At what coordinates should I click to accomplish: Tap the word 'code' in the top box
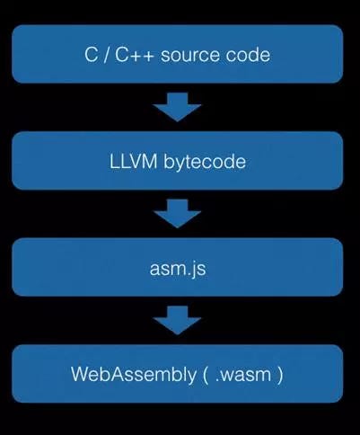click(x=250, y=55)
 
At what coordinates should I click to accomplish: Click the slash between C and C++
click(x=105, y=55)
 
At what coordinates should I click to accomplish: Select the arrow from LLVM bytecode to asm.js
click(x=177, y=215)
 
